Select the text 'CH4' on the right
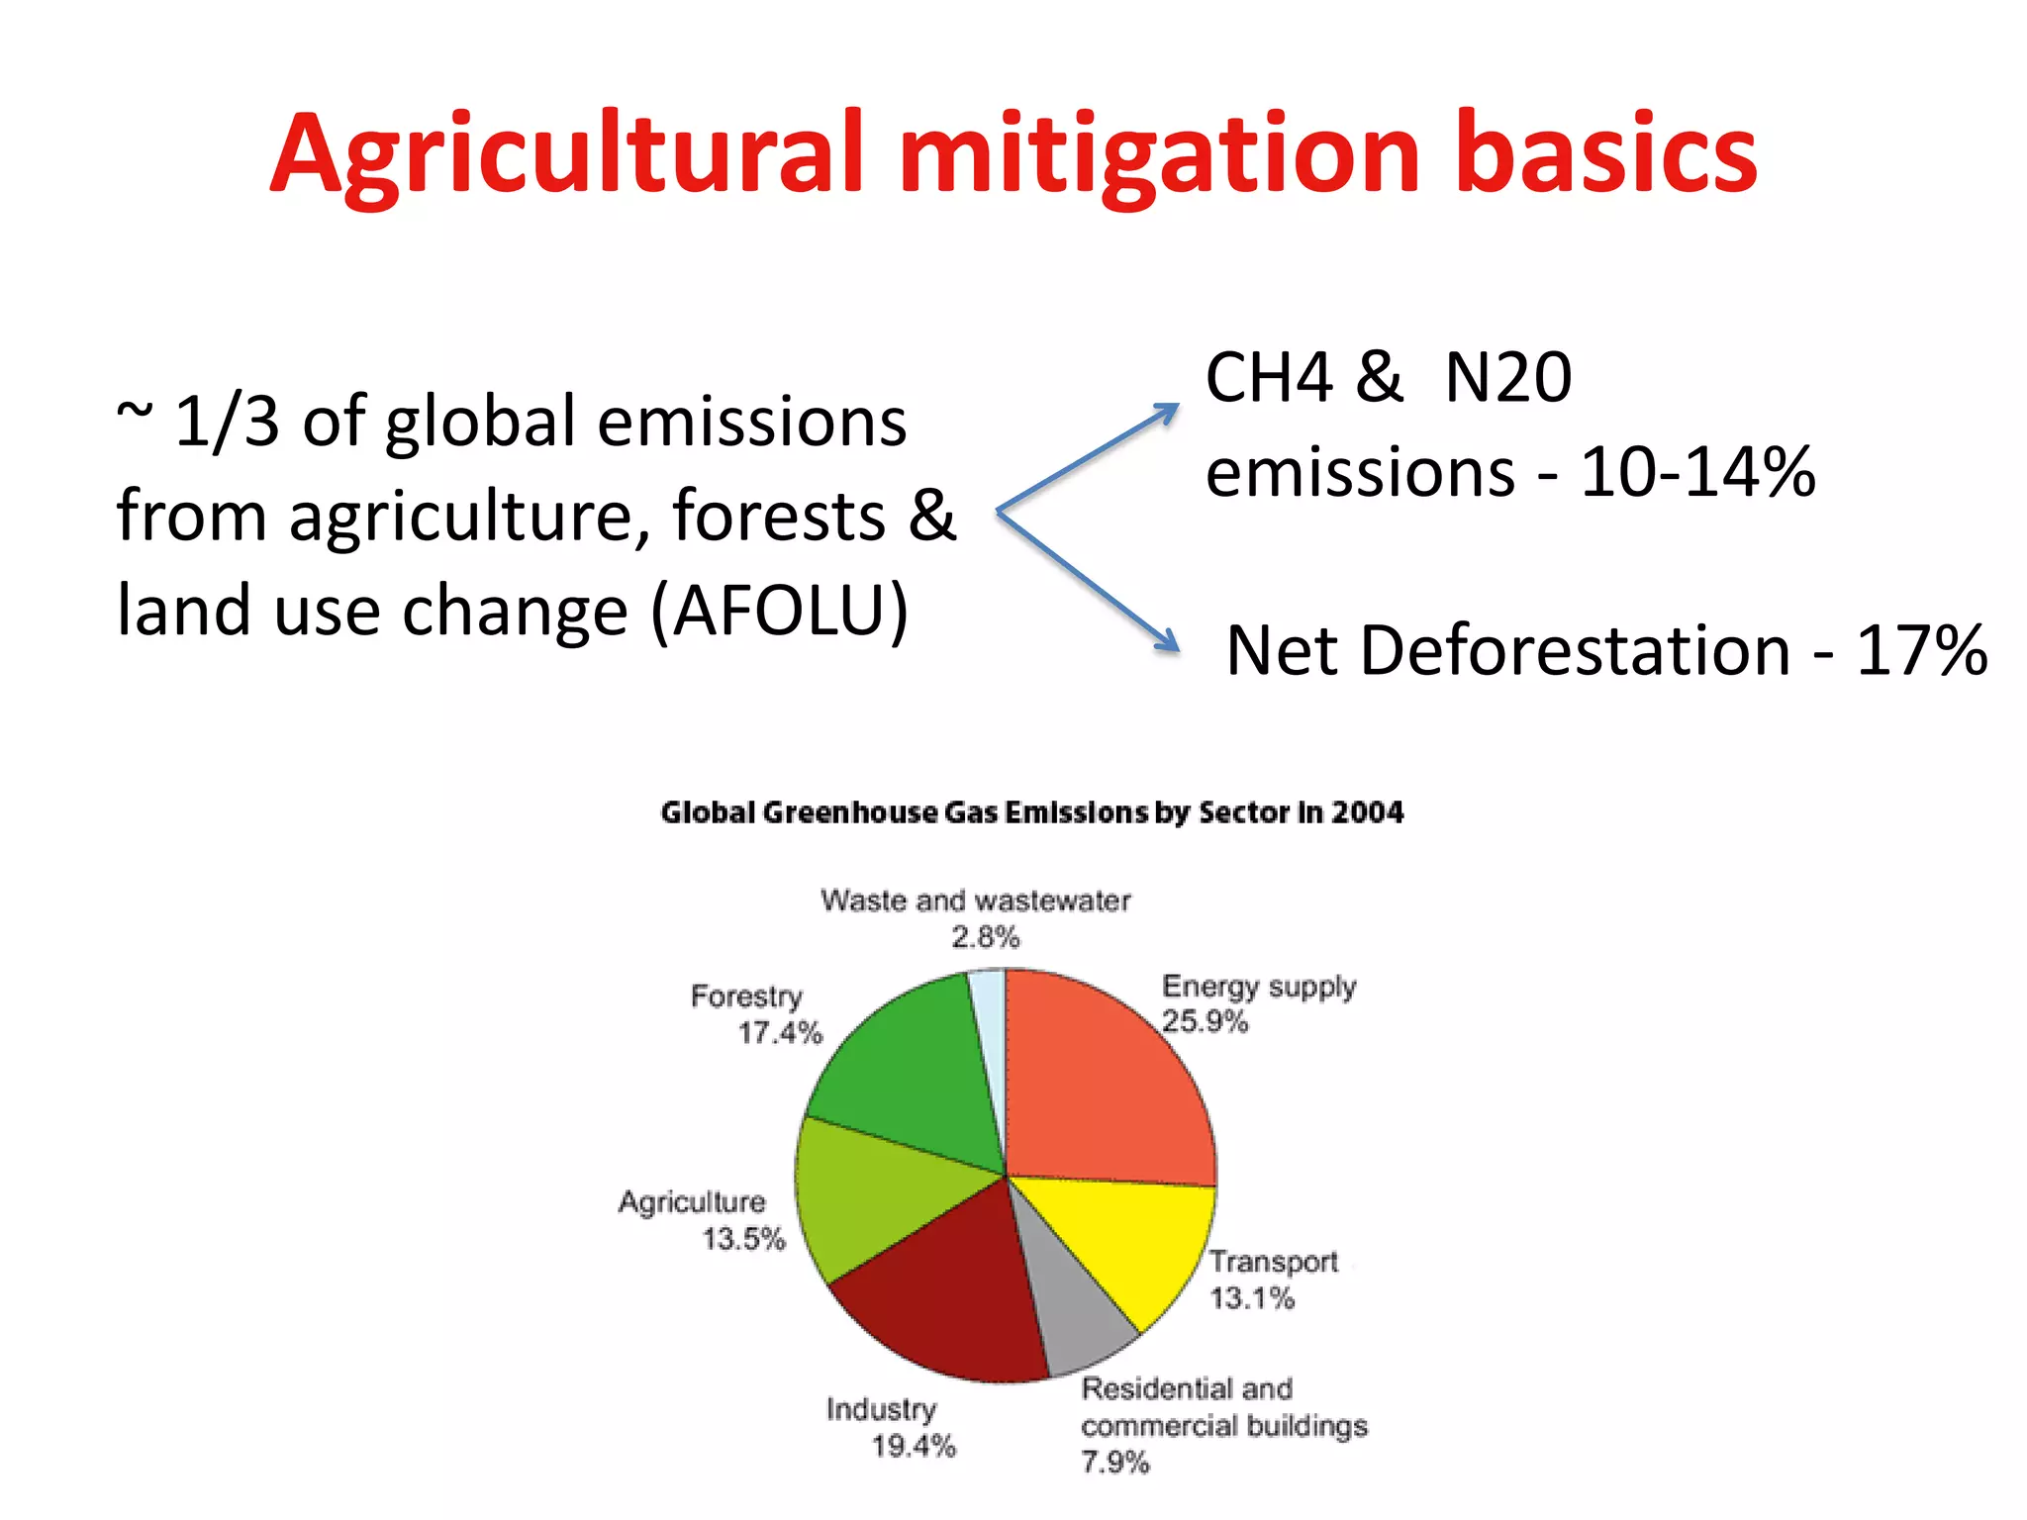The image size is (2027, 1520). (x=1269, y=378)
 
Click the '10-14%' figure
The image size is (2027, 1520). (x=1696, y=472)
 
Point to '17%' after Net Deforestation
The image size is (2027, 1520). (x=1920, y=651)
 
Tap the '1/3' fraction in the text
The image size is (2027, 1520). (x=227, y=423)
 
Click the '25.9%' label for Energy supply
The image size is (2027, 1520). (x=1205, y=1022)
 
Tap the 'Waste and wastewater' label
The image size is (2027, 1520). (x=975, y=901)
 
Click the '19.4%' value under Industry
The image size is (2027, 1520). (x=914, y=1447)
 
